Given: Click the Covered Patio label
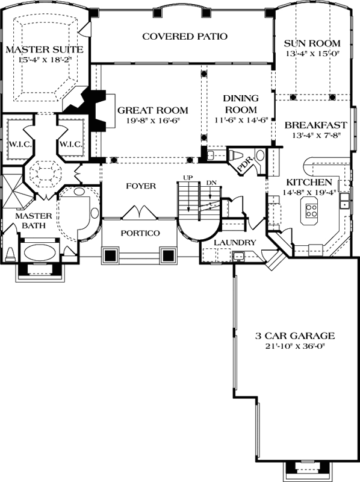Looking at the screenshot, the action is pyautogui.click(x=185, y=37).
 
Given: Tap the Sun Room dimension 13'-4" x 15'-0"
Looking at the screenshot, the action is pyautogui.click(x=312, y=54).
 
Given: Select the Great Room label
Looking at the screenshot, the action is pyautogui.click(x=153, y=110).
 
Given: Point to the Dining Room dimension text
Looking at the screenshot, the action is pyautogui.click(x=242, y=120).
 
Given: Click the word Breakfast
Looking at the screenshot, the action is pyautogui.click(x=316, y=125).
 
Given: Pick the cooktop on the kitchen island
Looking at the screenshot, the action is pyautogui.click(x=311, y=210).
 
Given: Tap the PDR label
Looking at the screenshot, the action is pyautogui.click(x=246, y=161).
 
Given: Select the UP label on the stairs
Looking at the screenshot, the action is pyautogui.click(x=188, y=178).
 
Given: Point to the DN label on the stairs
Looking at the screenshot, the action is pyautogui.click(x=211, y=183).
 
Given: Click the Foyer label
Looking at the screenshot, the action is pyautogui.click(x=141, y=186).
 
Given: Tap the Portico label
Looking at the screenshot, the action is pyautogui.click(x=140, y=233).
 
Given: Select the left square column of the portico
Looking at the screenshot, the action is pyautogui.click(x=110, y=255).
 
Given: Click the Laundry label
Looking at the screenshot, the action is pyautogui.click(x=235, y=243).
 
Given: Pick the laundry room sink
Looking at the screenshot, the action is pyautogui.click(x=238, y=255).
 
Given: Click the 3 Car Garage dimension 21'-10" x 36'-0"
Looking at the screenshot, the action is pyautogui.click(x=295, y=346).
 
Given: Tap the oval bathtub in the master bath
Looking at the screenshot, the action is pyautogui.click(x=40, y=253).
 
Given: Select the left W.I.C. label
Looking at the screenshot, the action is pyautogui.click(x=20, y=144).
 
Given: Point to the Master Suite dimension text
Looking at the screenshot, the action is pyautogui.click(x=45, y=60).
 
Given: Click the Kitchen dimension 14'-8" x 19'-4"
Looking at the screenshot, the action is pyautogui.click(x=309, y=192).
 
